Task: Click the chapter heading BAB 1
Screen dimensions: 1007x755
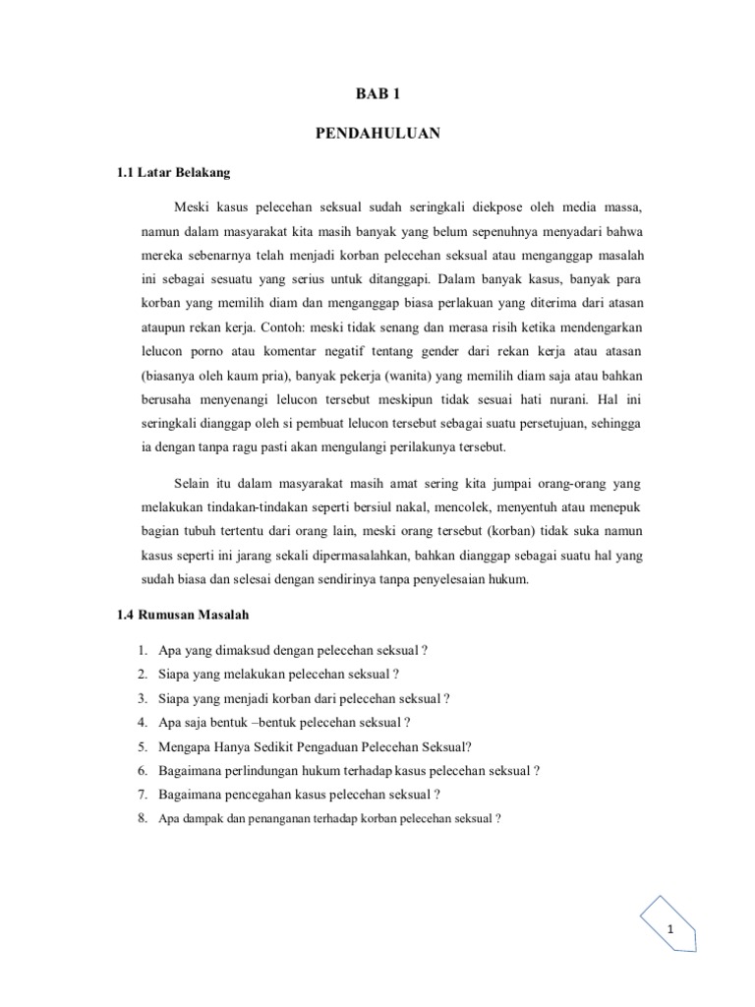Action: click(377, 94)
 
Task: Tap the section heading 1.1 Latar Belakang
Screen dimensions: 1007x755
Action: click(173, 173)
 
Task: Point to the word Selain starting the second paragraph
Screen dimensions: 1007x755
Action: click(194, 486)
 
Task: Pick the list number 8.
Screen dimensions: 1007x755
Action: click(143, 816)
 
